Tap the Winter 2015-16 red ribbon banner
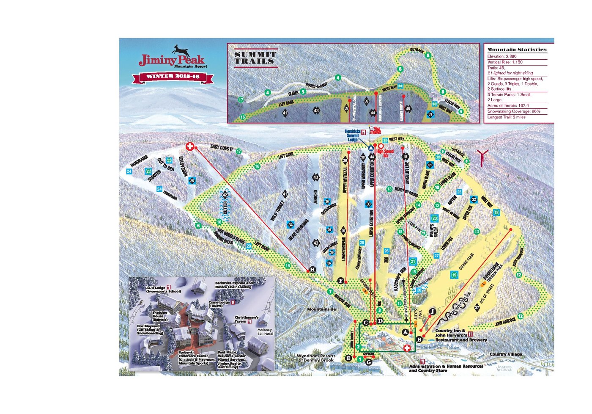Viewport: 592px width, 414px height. tap(173, 77)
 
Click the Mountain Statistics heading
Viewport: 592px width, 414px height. tap(517, 50)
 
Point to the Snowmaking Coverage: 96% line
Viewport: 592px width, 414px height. tap(514, 111)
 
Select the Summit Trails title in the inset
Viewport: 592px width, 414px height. tap(255, 58)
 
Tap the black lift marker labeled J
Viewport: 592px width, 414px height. tap(432, 311)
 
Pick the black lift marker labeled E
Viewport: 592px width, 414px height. tap(348, 359)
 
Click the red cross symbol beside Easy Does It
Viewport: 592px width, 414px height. tap(190, 147)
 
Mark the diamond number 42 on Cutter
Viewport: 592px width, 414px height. tap(225, 195)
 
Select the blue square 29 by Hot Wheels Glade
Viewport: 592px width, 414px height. tap(249, 246)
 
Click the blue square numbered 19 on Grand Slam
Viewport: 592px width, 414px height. tap(454, 275)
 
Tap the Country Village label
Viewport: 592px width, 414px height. tap(505, 354)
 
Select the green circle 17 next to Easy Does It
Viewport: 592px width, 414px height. tap(238, 151)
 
